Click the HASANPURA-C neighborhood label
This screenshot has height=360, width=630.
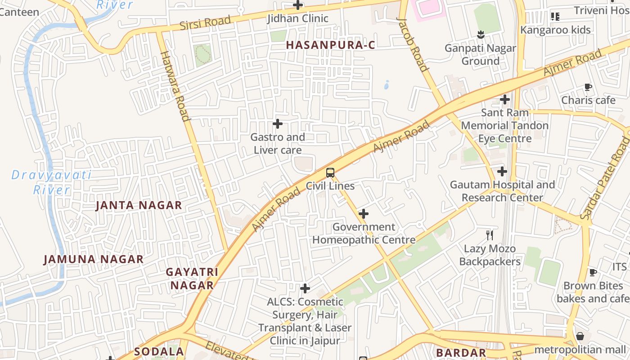pyautogui.click(x=330, y=45)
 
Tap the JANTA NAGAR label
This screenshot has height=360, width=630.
pyautogui.click(x=139, y=206)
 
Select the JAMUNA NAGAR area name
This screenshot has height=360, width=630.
pyautogui.click(x=94, y=259)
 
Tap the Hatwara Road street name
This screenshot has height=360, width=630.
pyautogui.click(x=175, y=86)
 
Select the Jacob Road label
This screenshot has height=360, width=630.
pyautogui.click(x=412, y=45)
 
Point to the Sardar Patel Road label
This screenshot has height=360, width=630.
pyautogui.click(x=606, y=178)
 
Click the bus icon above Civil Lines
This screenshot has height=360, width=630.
pyautogui.click(x=330, y=172)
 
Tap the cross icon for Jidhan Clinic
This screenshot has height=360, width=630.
pyautogui.click(x=298, y=5)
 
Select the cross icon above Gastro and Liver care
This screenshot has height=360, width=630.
pyautogui.click(x=278, y=123)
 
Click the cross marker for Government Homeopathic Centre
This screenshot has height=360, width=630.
pyautogui.click(x=364, y=214)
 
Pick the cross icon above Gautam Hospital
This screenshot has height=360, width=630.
pyautogui.click(x=502, y=171)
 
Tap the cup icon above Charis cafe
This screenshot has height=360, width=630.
pyautogui.click(x=588, y=87)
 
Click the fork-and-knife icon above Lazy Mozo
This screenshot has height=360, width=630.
pyautogui.click(x=490, y=235)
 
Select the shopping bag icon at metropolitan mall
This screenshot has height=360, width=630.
pyautogui.click(x=580, y=336)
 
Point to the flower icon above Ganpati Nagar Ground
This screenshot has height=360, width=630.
pyautogui.click(x=481, y=35)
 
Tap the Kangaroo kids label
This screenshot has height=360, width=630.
pyautogui.click(x=555, y=30)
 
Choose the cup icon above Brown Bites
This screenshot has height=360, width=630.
pyautogui.click(x=593, y=272)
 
